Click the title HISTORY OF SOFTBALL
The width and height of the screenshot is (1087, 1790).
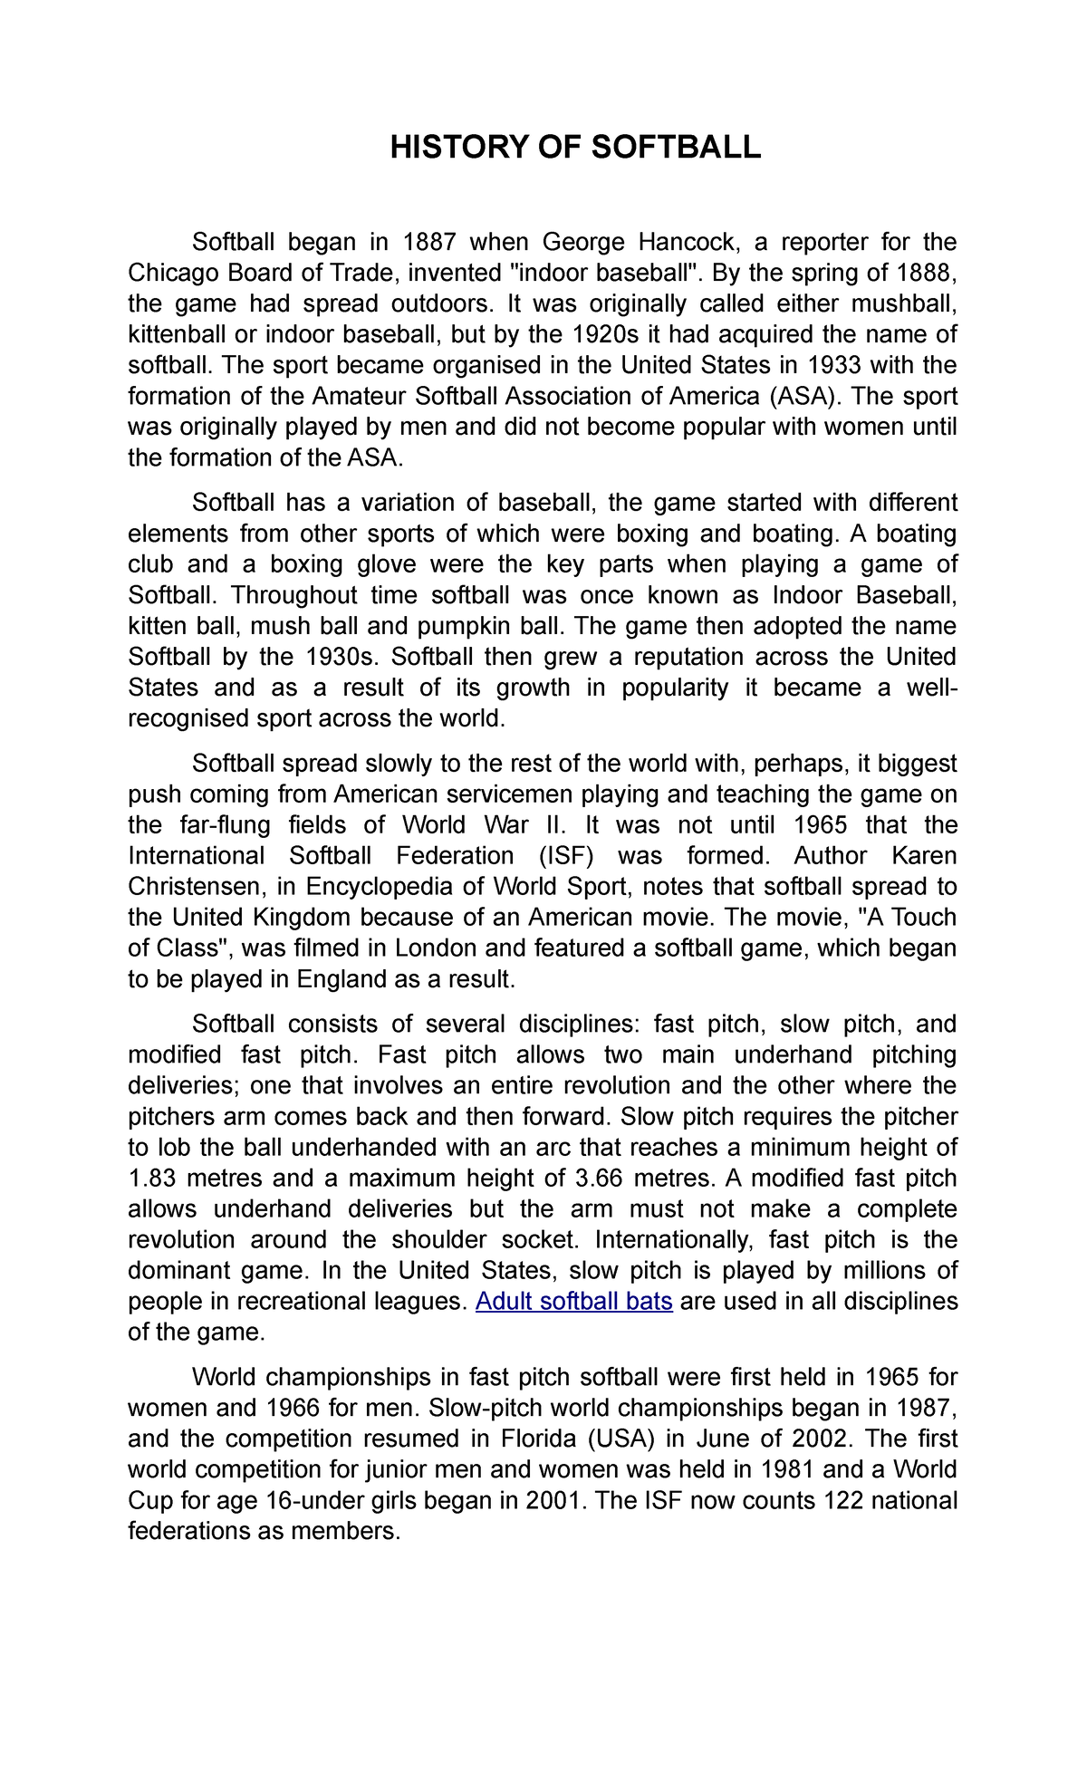click(x=575, y=147)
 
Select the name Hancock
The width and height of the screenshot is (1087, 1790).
click(x=687, y=242)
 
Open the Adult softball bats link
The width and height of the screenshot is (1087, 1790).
click(x=573, y=1302)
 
